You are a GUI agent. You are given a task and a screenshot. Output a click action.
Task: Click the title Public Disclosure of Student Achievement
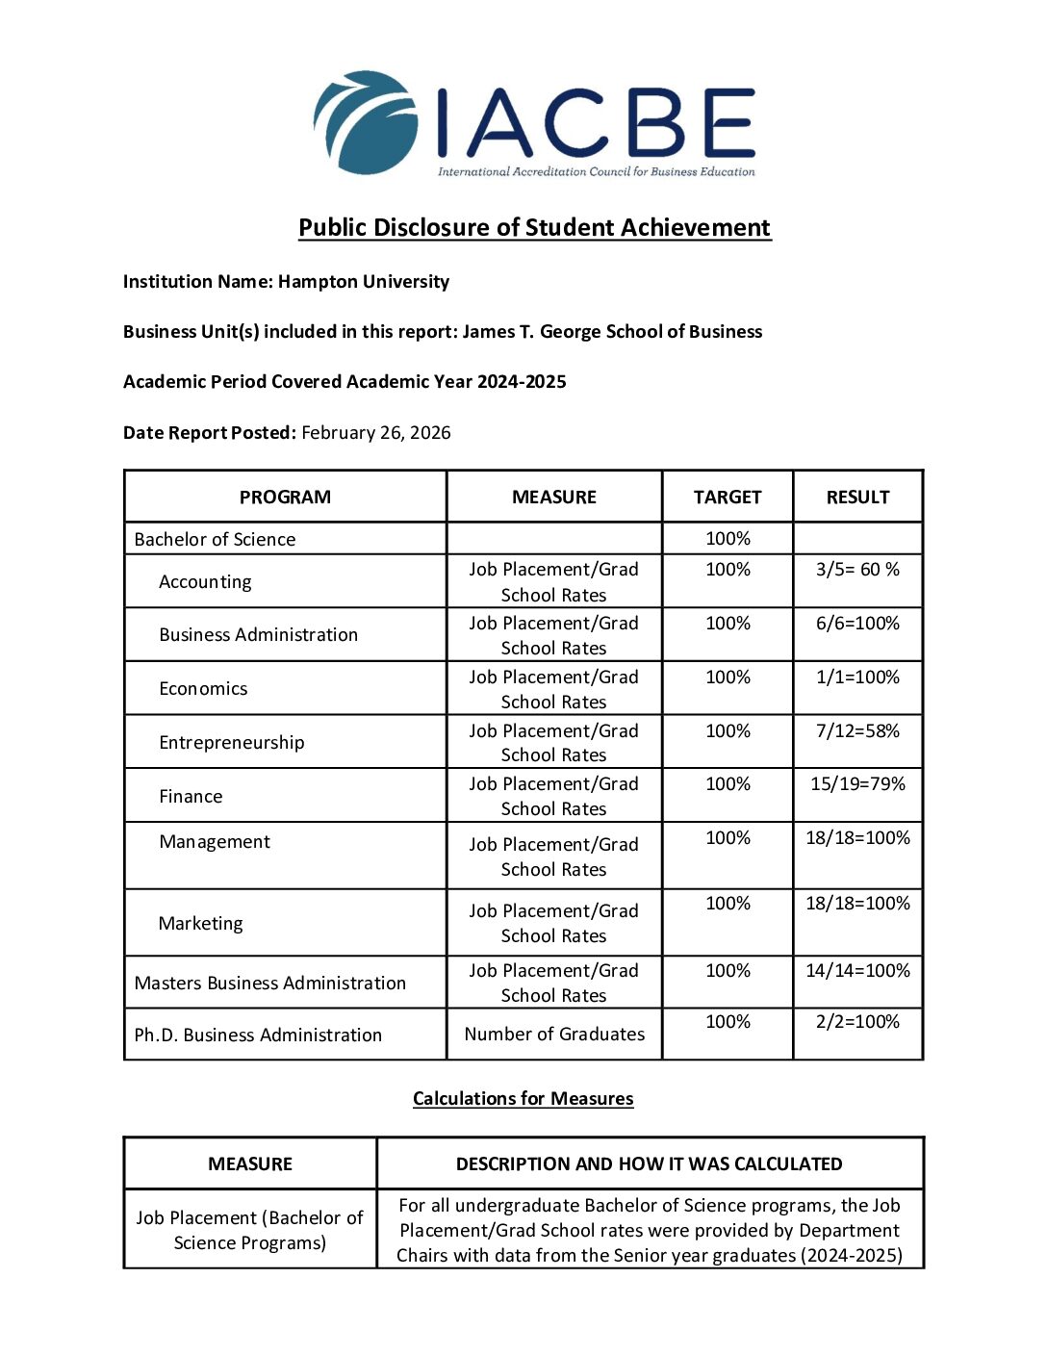(x=534, y=227)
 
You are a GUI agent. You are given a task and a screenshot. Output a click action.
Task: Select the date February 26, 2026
(x=375, y=432)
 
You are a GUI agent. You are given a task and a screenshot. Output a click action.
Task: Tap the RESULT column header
(x=857, y=497)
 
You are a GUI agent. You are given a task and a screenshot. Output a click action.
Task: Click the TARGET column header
(x=728, y=497)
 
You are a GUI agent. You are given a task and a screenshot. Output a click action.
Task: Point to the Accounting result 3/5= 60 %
(x=857, y=570)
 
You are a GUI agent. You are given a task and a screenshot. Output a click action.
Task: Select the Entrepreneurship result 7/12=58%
(x=857, y=731)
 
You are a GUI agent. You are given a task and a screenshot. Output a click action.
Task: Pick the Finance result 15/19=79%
(x=857, y=784)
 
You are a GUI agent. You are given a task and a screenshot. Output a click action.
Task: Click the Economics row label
(x=203, y=688)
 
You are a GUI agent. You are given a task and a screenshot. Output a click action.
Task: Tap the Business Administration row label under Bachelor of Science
(x=258, y=635)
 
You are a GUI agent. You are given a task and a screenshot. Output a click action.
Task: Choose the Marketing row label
(x=200, y=924)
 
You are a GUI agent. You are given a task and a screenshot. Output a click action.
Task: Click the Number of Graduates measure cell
(x=554, y=1034)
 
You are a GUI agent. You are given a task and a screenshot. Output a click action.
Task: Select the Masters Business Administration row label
(x=270, y=983)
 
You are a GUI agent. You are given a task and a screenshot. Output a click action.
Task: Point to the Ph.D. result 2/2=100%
(x=857, y=1022)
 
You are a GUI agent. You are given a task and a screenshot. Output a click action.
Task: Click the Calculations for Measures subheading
(x=523, y=1098)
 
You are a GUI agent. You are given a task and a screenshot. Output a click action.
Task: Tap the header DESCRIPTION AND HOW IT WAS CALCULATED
(x=649, y=1163)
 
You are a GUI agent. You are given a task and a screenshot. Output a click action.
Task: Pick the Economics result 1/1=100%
(x=857, y=677)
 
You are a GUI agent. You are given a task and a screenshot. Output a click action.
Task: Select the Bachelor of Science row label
(x=215, y=539)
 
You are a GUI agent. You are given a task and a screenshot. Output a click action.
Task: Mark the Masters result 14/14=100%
(x=857, y=971)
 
